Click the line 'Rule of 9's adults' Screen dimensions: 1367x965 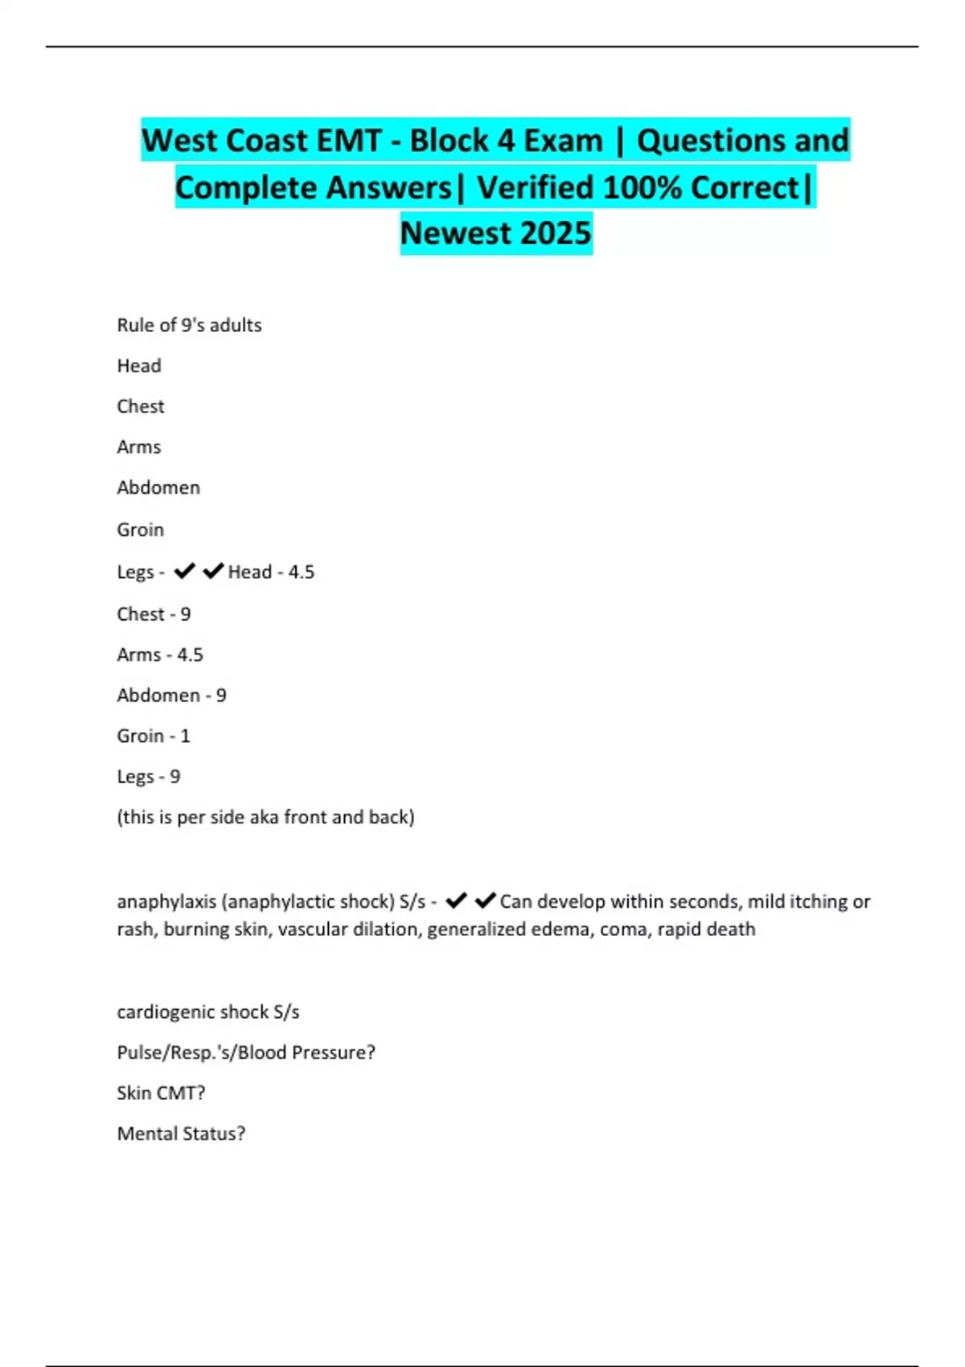click(189, 325)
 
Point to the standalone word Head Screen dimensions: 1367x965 click(139, 366)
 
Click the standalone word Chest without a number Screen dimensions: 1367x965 click(141, 406)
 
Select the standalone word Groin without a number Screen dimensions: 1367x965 click(141, 529)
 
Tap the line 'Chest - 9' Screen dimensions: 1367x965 click(154, 614)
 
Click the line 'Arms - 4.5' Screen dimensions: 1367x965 click(160, 655)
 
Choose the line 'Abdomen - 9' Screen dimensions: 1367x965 click(171, 695)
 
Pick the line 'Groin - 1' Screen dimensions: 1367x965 click(154, 736)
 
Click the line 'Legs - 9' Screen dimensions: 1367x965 click(149, 776)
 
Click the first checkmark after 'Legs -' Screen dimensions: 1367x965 click(185, 571)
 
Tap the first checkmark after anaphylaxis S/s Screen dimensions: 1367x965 click(456, 901)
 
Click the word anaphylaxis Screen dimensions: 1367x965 click(166, 901)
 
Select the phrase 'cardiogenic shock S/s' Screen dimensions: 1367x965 click(208, 1012)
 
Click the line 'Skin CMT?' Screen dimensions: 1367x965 click(161, 1093)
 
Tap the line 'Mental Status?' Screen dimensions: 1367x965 click(181, 1133)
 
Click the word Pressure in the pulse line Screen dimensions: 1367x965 click(333, 1052)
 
